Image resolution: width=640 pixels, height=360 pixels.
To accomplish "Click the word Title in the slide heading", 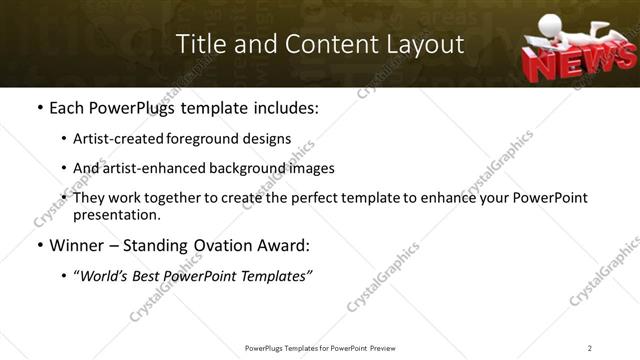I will click(x=200, y=45).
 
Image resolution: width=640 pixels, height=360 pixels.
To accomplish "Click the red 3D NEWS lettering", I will click(x=567, y=64).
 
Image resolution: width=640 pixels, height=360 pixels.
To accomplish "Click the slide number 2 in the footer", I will click(x=590, y=347).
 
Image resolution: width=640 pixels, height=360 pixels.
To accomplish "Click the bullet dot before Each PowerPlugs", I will click(x=39, y=107).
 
